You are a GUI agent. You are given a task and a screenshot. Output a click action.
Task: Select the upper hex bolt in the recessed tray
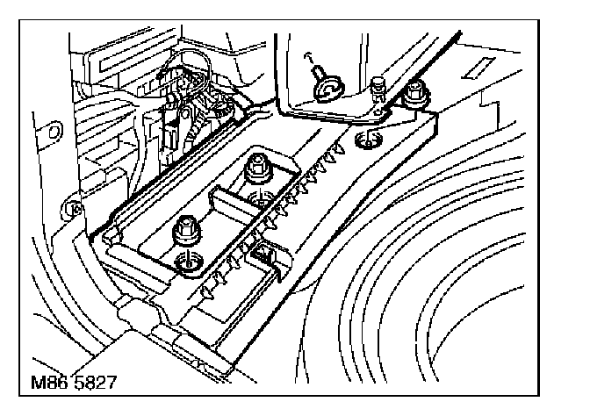tap(258, 164)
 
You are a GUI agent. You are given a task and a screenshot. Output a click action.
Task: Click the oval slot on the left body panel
tap(55, 131)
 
